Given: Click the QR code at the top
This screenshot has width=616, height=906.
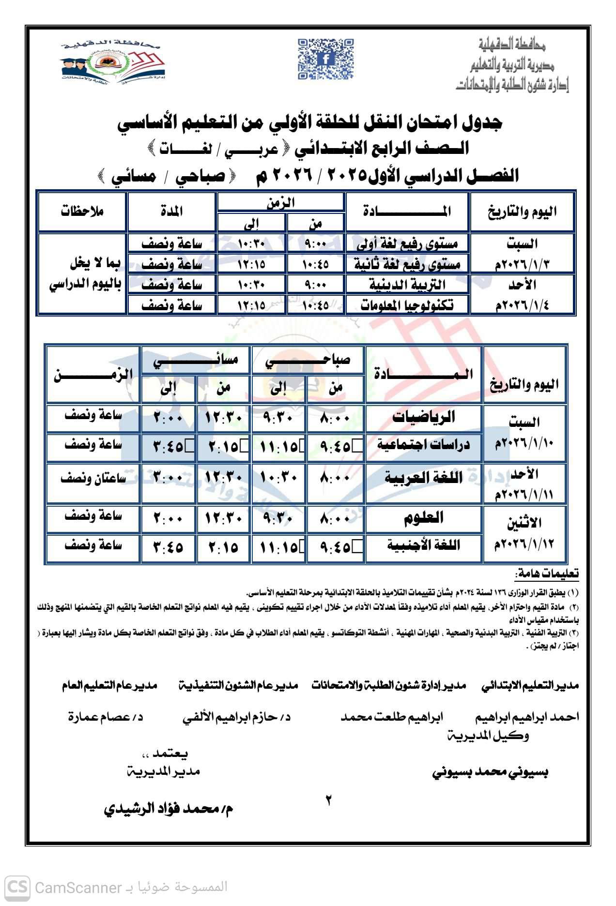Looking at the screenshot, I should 325,59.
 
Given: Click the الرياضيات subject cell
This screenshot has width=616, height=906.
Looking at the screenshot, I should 423,417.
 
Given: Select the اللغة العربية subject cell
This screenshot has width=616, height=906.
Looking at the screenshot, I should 423,478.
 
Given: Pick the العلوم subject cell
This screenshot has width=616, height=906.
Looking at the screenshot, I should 423,518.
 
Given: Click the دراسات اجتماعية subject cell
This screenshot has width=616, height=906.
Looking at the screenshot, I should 423,445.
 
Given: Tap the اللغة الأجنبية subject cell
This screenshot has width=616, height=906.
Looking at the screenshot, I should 423,546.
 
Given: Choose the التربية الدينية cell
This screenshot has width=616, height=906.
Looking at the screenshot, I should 408,285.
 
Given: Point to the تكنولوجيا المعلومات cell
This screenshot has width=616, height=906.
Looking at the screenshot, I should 408,305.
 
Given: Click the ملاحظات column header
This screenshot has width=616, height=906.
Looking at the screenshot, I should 82,211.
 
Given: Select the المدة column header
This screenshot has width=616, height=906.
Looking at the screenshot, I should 171,211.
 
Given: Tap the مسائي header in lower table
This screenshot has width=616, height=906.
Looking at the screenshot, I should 195,361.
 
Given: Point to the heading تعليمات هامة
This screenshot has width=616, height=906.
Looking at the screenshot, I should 547,574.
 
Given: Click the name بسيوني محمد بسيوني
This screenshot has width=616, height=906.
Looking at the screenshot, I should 490,772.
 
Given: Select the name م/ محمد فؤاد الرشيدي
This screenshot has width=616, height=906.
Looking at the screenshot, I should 168,809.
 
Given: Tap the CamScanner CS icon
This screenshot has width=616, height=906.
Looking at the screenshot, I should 18,888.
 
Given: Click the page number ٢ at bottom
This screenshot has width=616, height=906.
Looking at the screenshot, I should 328,800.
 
